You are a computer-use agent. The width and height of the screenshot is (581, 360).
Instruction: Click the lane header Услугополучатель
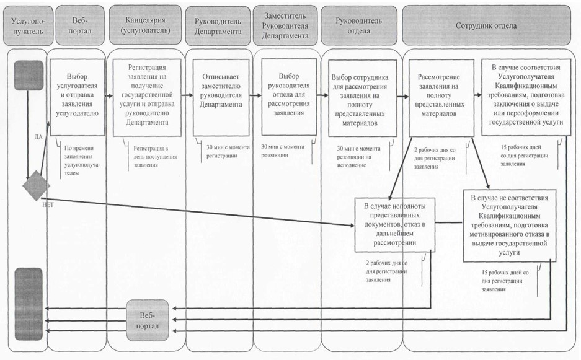click(27, 25)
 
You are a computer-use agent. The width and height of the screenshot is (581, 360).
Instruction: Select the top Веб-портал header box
click(79, 25)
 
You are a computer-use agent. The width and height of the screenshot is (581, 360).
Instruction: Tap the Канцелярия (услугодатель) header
click(145, 25)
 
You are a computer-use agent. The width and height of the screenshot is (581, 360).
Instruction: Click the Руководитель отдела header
click(358, 25)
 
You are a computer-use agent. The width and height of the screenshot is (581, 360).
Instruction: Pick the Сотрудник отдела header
click(486, 25)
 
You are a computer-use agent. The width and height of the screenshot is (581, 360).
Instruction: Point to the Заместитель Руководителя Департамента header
click(285, 25)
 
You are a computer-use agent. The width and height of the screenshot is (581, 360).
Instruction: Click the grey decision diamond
click(36, 185)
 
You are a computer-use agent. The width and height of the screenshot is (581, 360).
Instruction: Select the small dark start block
click(29, 76)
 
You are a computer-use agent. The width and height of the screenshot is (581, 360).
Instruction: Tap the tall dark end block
click(29, 304)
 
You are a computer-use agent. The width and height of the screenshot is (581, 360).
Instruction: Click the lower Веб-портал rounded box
click(148, 320)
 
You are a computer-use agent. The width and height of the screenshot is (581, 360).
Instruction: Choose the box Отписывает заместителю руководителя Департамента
click(221, 98)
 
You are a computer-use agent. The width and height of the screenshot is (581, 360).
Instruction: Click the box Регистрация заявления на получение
click(147, 98)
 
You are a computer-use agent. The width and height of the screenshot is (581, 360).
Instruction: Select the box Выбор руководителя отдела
click(289, 97)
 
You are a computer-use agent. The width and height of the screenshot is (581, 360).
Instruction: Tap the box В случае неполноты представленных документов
click(394, 224)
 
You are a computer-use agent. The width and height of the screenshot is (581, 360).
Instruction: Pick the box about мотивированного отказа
click(510, 225)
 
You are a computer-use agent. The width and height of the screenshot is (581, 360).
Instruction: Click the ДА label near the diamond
click(38, 137)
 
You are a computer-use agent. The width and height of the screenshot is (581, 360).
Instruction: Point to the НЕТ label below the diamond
click(48, 204)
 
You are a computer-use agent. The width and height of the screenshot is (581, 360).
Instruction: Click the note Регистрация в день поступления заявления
click(155, 157)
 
